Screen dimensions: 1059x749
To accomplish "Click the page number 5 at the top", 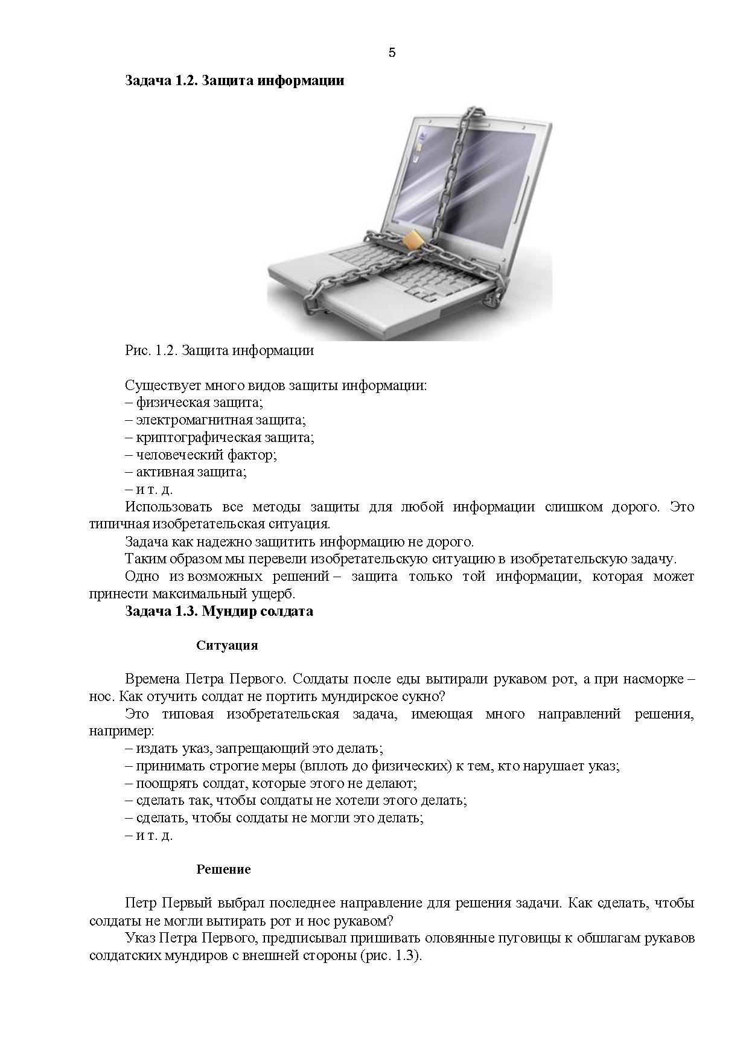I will (x=392, y=53).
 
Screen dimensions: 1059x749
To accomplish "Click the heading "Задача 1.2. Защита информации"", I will (x=234, y=80).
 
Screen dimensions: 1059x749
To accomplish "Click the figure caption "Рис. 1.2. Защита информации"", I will (x=219, y=350).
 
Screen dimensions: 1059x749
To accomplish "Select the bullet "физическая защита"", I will (x=198, y=402).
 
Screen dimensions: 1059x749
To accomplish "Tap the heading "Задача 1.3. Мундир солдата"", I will (x=219, y=611).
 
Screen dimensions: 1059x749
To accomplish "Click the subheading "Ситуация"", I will (x=227, y=645).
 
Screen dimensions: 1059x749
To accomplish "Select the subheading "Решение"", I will (x=223, y=869).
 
